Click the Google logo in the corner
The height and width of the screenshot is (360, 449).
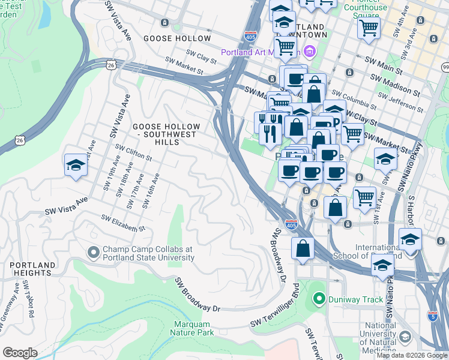tap(20, 353)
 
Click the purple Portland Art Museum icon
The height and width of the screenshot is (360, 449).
tap(310, 52)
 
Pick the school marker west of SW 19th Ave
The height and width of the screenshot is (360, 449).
tap(76, 166)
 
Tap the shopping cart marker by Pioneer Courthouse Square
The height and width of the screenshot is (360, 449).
tap(369, 27)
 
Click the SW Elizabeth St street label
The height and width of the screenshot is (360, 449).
tap(123, 223)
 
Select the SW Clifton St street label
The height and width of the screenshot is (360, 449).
tap(134, 152)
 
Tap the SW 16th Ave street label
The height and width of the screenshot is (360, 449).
tap(150, 191)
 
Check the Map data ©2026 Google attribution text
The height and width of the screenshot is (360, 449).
tap(412, 355)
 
